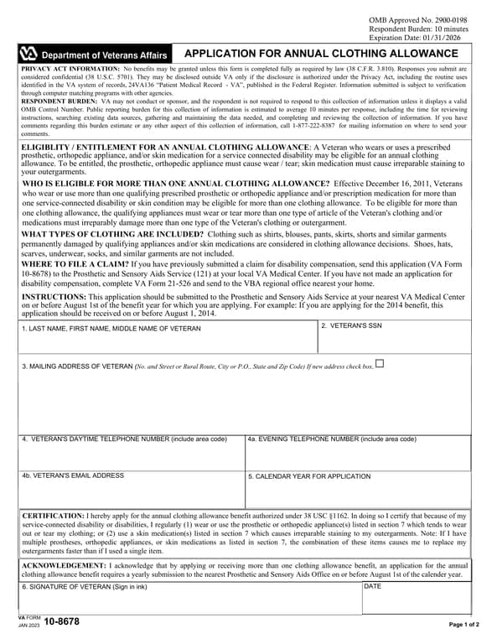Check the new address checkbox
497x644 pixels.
point(380,363)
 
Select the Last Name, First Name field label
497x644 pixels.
point(111,329)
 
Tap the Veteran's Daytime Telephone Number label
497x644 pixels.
point(124,439)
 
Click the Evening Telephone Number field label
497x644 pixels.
point(331,439)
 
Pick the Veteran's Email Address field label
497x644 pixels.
point(73,475)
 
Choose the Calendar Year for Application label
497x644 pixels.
point(308,476)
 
